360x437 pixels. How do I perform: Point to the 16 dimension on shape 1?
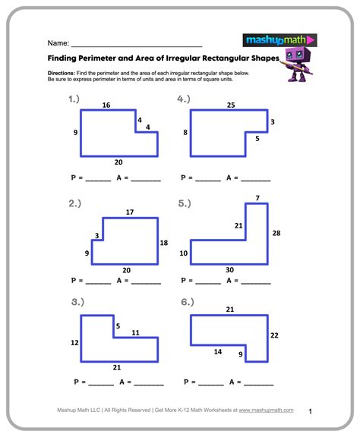pyautogui.click(x=106, y=105)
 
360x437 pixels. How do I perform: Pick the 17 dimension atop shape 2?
pyautogui.click(x=130, y=212)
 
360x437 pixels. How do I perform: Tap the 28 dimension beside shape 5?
pyautogui.click(x=276, y=234)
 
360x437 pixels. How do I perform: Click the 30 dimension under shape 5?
pyautogui.click(x=230, y=270)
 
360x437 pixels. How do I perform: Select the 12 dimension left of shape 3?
pyautogui.click(x=74, y=343)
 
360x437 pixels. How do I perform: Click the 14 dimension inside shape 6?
pyautogui.click(x=217, y=352)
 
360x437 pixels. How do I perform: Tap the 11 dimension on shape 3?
pyautogui.click(x=135, y=332)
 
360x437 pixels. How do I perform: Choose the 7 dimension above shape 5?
pyautogui.click(x=257, y=199)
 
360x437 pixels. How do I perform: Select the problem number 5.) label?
pyautogui.click(x=185, y=203)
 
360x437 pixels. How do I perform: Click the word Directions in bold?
pyautogui.click(x=61, y=72)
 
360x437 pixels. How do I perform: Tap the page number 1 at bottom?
pyautogui.click(x=310, y=411)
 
